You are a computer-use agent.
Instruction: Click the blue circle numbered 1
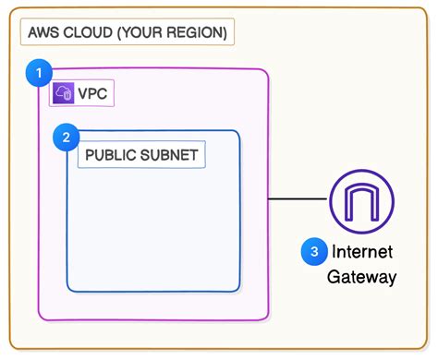(38, 71)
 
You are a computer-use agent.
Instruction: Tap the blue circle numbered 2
(66, 138)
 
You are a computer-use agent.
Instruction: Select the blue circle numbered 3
(314, 251)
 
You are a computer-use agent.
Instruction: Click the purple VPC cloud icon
(64, 93)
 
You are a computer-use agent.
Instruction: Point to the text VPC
(93, 93)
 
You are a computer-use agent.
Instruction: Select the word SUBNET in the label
(168, 155)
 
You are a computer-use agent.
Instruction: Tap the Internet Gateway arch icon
(361, 199)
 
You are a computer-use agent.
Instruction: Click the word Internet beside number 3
(361, 252)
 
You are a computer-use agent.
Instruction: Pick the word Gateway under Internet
(361, 277)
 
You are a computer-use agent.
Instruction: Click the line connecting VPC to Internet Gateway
(298, 199)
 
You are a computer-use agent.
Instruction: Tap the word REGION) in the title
(198, 32)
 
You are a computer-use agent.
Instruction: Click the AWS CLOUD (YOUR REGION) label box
(128, 32)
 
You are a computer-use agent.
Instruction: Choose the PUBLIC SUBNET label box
(141, 155)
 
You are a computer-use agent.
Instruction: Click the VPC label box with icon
(81, 93)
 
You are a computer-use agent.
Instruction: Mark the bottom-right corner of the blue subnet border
(238, 290)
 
